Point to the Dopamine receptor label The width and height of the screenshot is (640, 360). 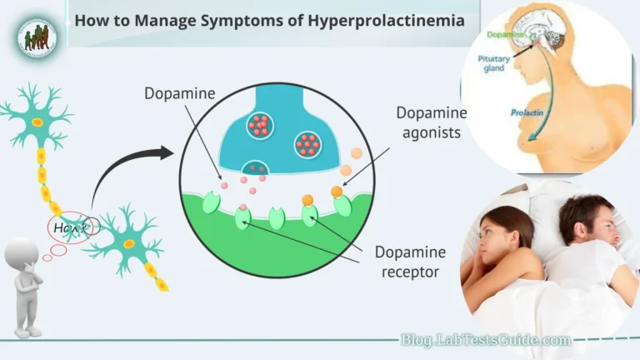tap(409, 262)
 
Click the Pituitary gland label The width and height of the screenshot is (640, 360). tap(494, 65)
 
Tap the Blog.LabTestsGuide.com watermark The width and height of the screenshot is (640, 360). tap(486, 340)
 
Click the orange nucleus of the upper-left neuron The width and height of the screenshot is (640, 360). tap(37, 122)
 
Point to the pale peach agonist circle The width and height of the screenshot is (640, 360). tap(357, 154)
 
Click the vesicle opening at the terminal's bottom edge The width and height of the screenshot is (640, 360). tap(255, 167)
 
